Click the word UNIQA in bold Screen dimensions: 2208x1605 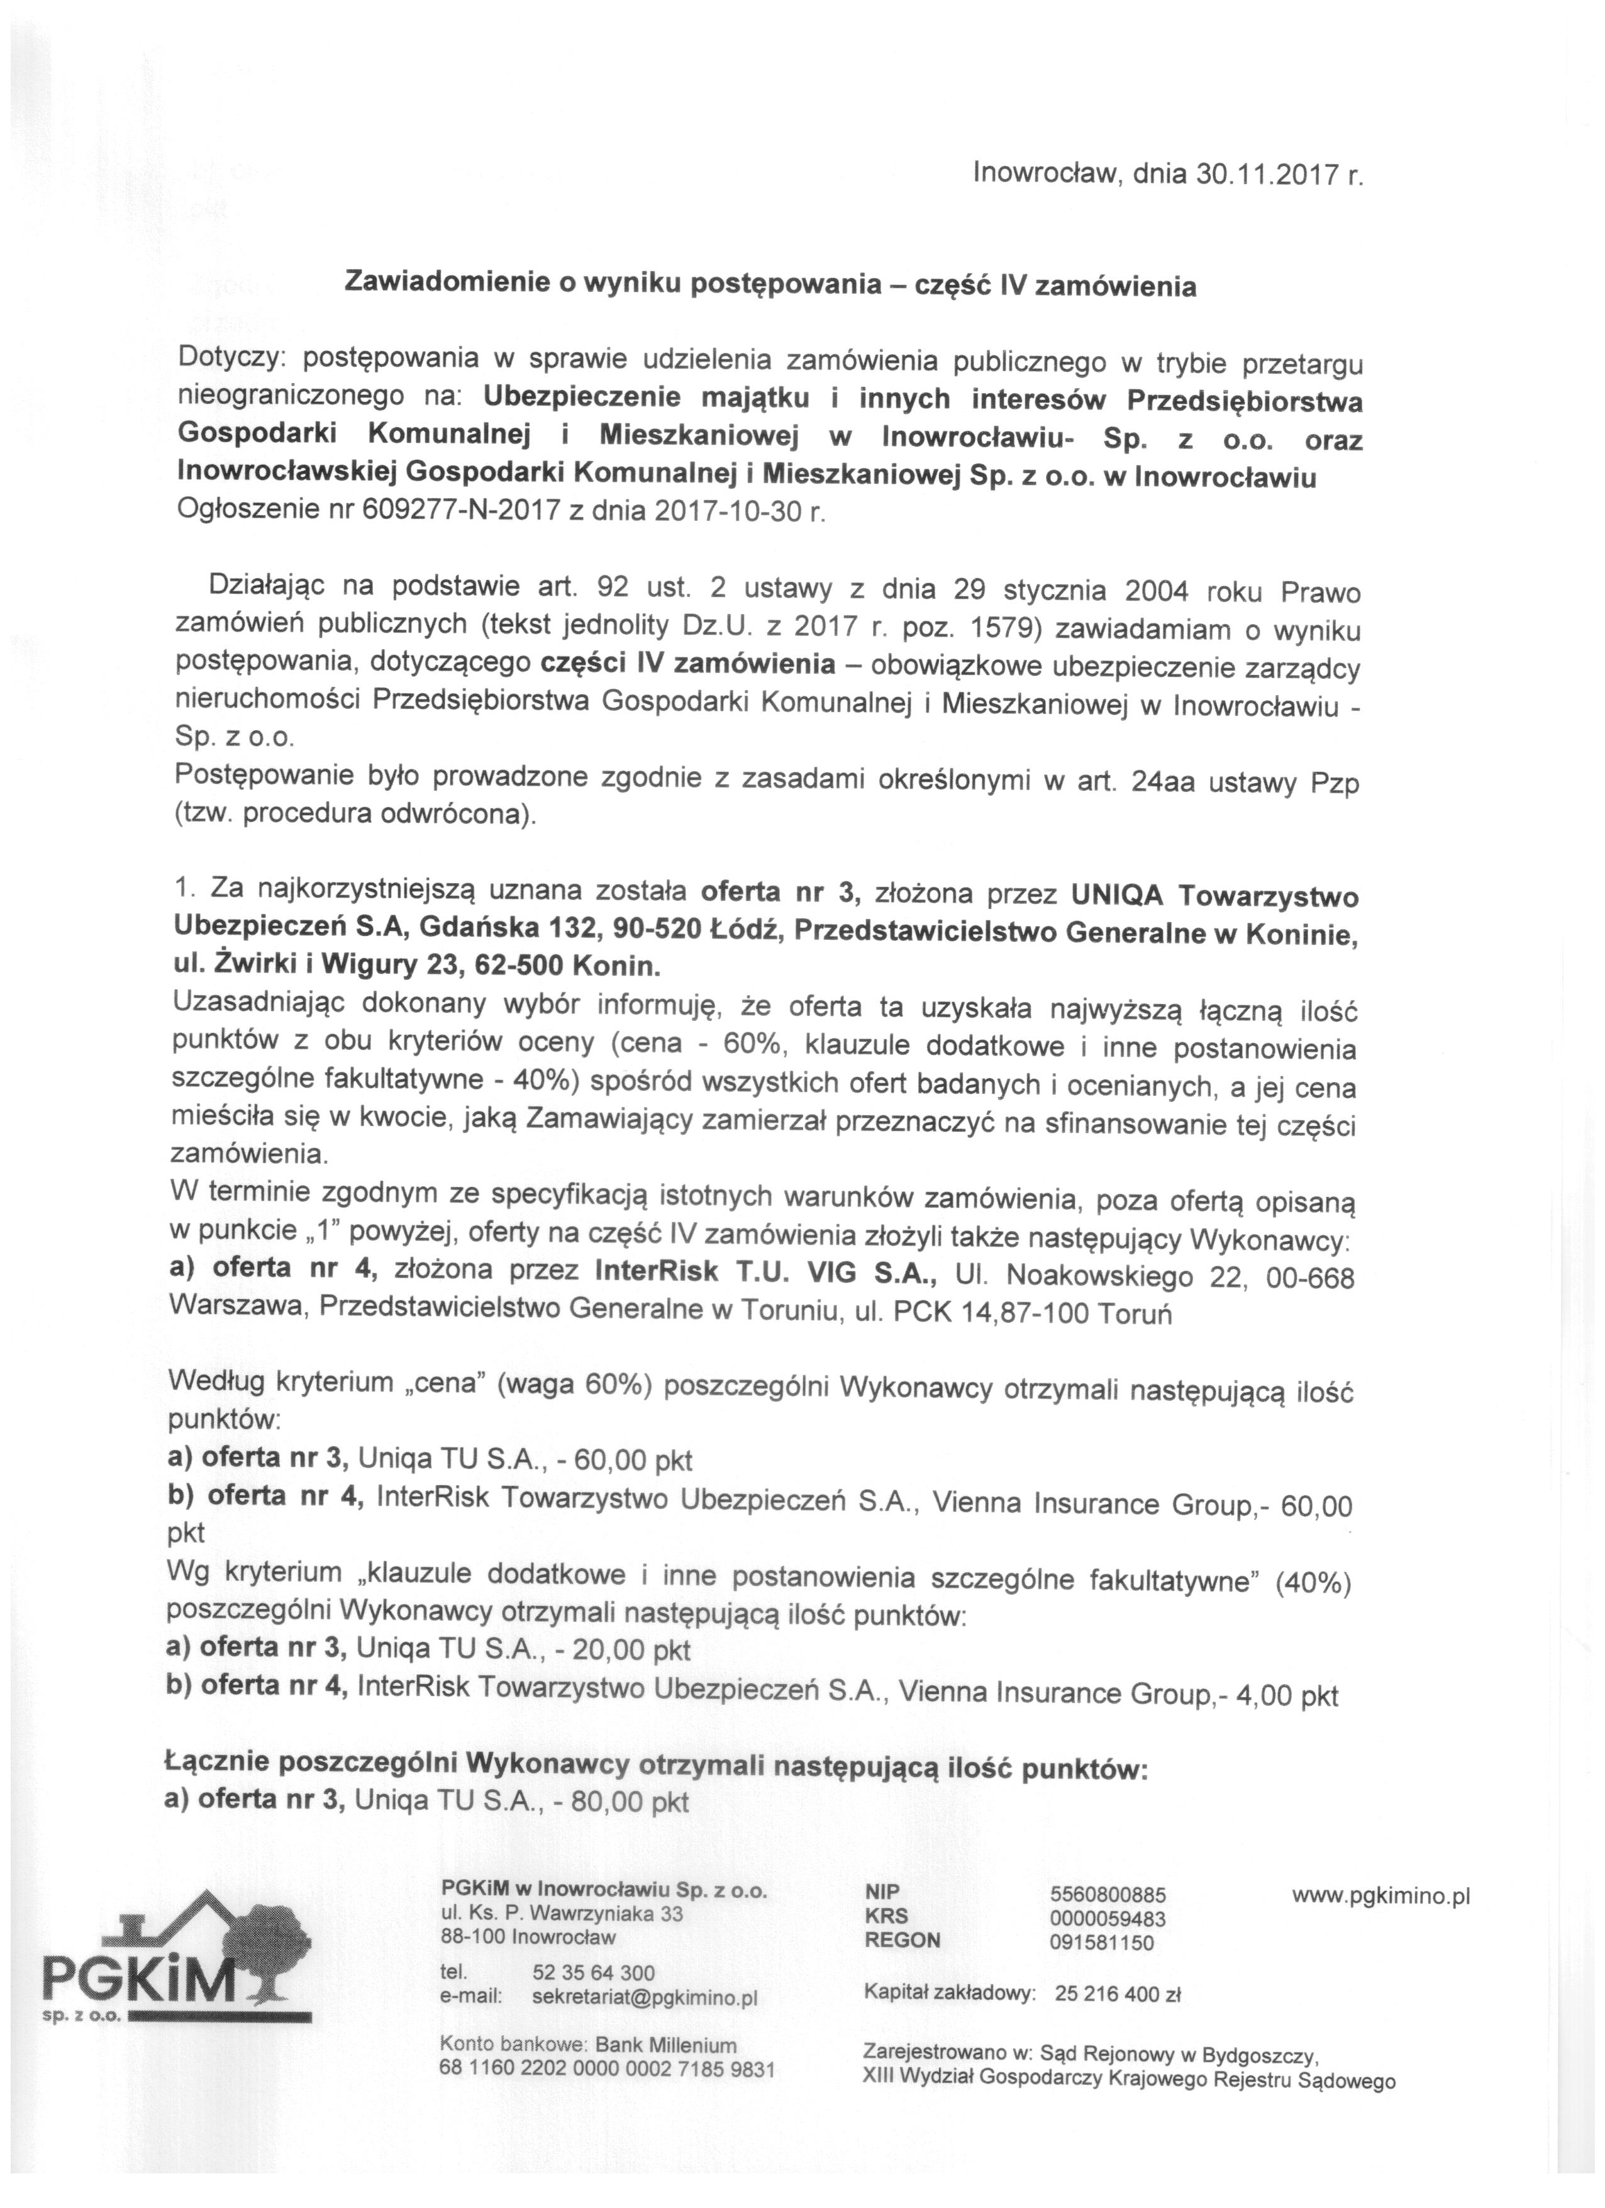point(1116,894)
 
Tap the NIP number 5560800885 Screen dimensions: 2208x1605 point(1108,1895)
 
